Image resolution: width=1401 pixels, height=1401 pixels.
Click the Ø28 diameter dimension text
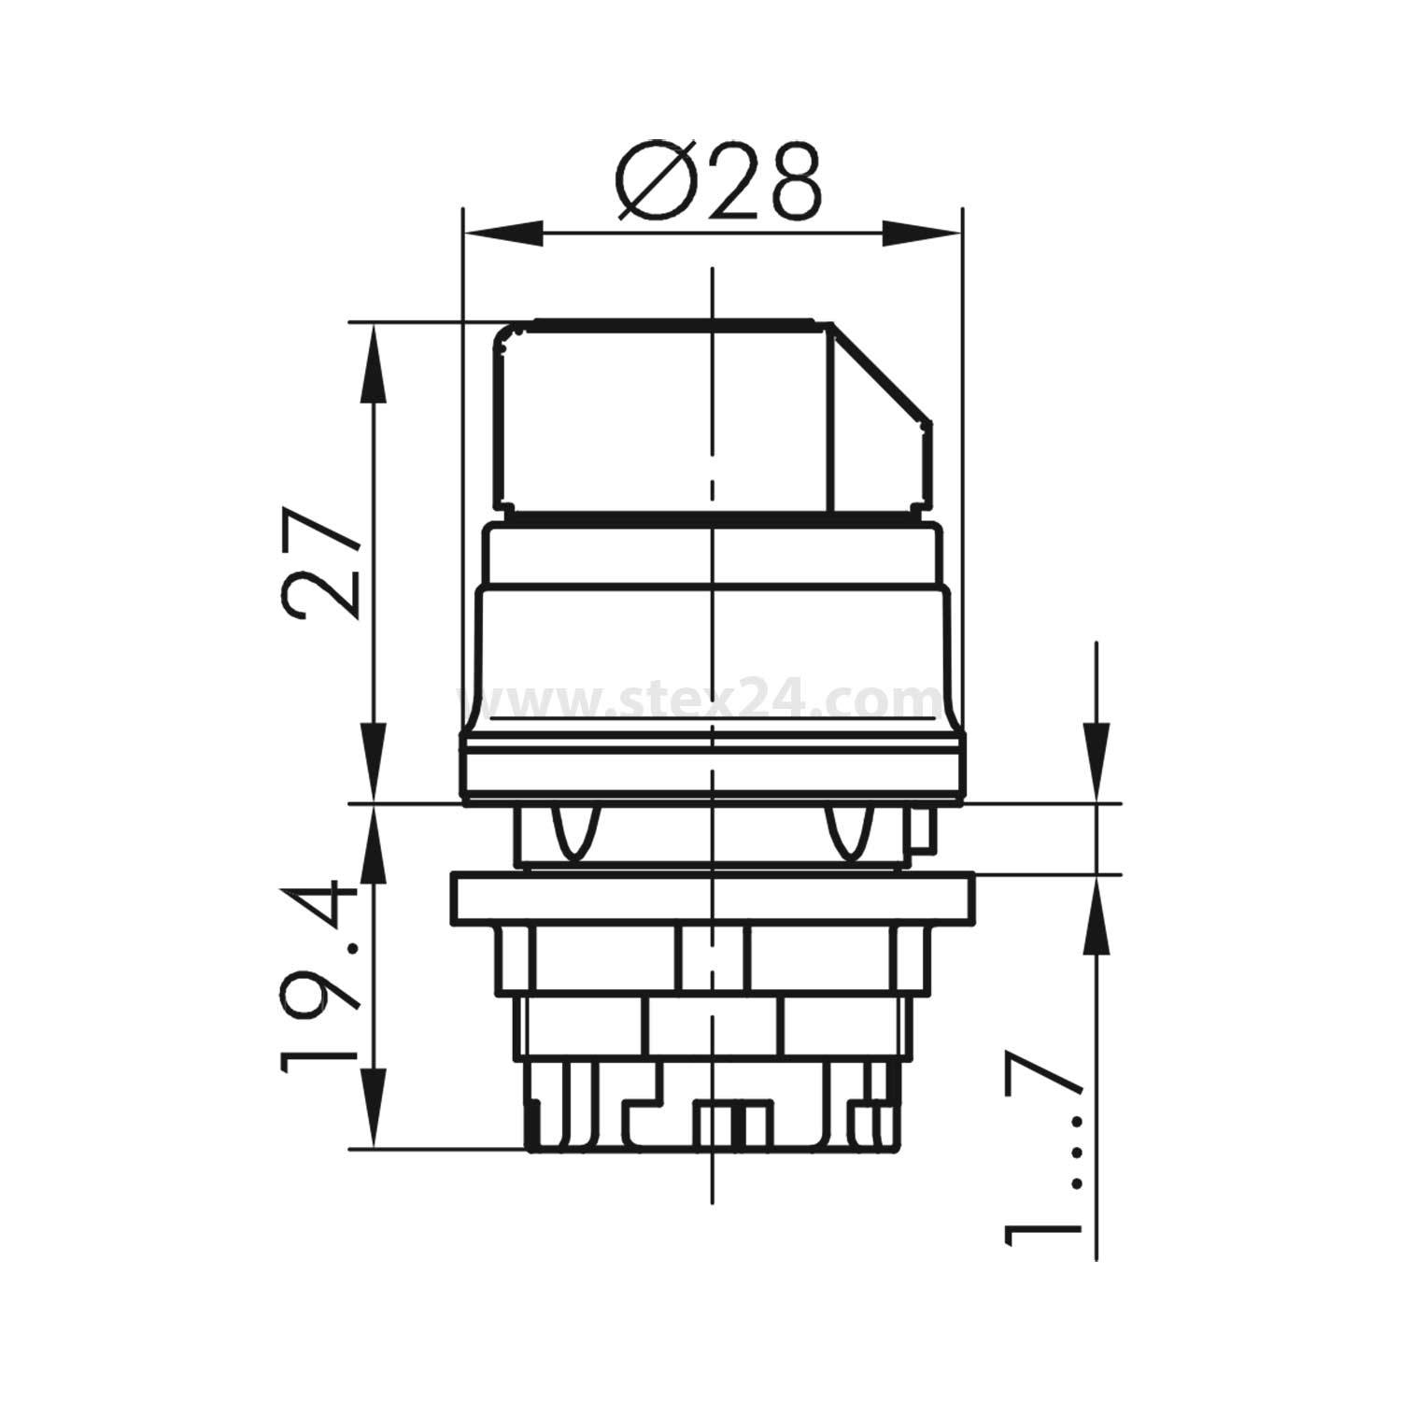[720, 181]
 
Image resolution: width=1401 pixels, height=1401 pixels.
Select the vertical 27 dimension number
[322, 563]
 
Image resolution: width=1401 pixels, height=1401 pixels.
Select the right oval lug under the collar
[850, 831]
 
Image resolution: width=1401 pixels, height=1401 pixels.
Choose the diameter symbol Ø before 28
[654, 182]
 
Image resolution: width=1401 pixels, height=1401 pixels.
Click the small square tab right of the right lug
[920, 831]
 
